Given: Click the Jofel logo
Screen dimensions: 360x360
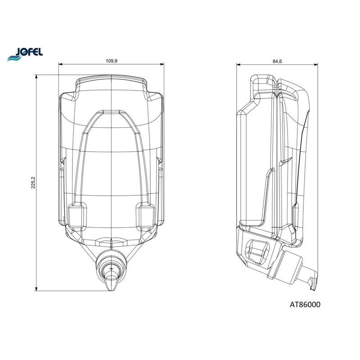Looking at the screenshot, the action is click(x=25, y=54).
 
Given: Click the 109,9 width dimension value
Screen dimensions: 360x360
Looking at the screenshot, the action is click(x=111, y=61).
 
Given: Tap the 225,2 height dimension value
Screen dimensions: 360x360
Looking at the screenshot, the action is click(x=33, y=183).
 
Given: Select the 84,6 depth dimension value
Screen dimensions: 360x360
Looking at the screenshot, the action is click(x=277, y=61).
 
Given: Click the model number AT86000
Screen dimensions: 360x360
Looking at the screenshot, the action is click(x=305, y=305).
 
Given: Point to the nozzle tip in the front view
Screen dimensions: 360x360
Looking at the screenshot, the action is click(x=111, y=290).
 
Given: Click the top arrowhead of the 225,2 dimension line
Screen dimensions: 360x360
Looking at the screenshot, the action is click(x=36, y=76).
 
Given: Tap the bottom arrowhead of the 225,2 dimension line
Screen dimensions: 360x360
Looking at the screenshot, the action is click(x=36, y=289).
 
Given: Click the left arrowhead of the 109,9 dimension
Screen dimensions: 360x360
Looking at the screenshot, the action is click(x=61, y=64).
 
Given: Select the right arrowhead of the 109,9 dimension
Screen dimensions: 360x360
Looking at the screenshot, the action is click(x=162, y=64).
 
